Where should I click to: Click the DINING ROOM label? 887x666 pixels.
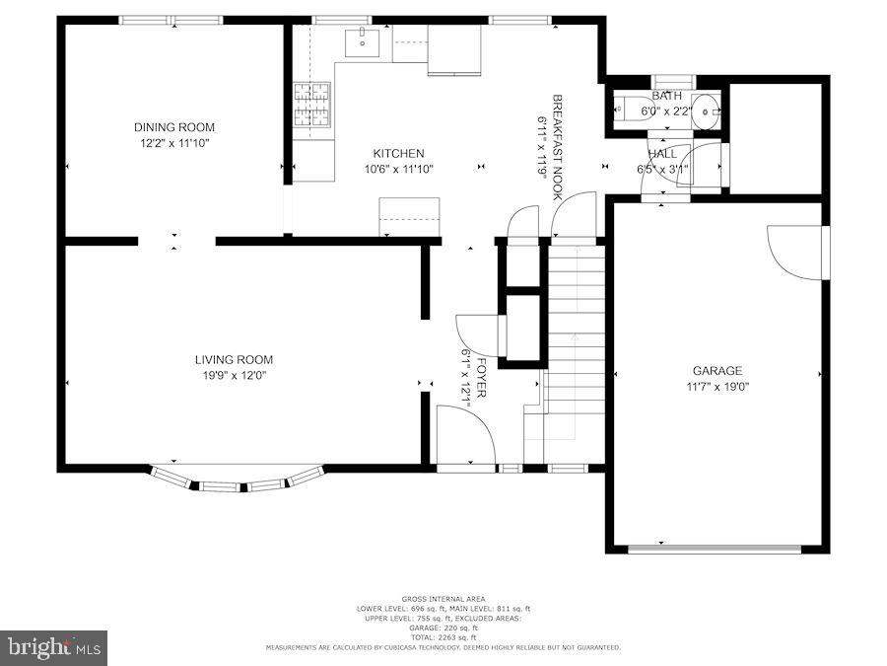click(x=174, y=127)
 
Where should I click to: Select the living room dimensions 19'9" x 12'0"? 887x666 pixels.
click(x=234, y=375)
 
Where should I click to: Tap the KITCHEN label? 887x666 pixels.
click(x=398, y=154)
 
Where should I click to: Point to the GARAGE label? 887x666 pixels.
click(x=716, y=371)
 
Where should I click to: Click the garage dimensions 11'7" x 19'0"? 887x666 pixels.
click(x=716, y=386)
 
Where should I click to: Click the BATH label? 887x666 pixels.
click(x=666, y=96)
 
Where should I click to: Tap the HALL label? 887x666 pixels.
click(x=662, y=154)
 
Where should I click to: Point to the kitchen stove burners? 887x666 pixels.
click(x=313, y=105)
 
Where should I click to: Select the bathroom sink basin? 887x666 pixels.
click(x=706, y=111)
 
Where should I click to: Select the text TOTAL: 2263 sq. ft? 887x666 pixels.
click(x=443, y=636)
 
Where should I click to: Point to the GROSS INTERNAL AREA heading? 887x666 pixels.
click(x=443, y=599)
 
